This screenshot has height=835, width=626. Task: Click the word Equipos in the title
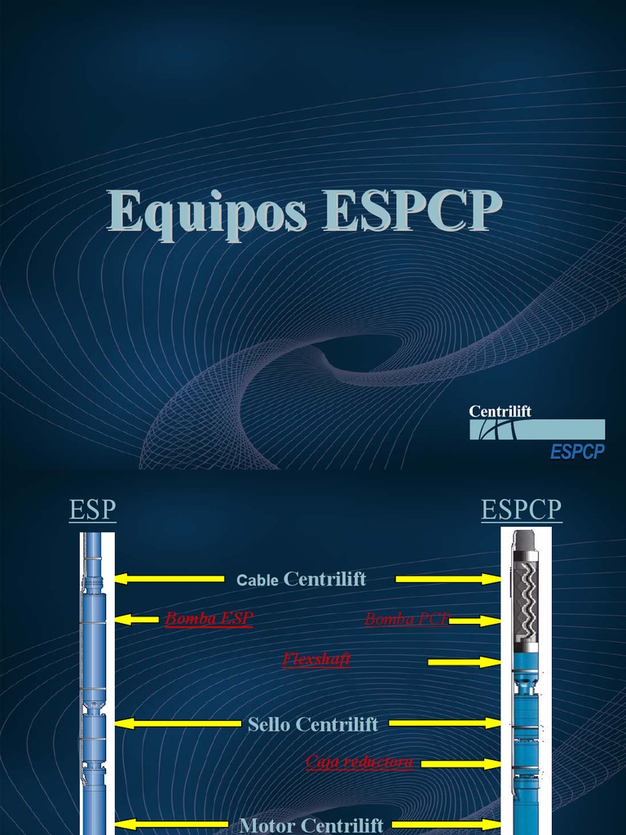(207, 214)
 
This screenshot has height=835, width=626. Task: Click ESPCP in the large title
(412, 212)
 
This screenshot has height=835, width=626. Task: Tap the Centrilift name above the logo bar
(500, 411)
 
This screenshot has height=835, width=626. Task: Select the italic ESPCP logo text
(577, 451)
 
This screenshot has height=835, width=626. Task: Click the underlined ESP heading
(93, 510)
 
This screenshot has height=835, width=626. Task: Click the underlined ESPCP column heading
(521, 510)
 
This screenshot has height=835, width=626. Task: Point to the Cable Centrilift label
(301, 580)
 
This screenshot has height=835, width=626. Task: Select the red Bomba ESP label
(209, 619)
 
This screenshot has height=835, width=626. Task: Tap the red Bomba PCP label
(406, 619)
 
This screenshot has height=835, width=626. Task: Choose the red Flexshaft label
(316, 659)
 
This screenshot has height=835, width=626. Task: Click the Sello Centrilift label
(313, 724)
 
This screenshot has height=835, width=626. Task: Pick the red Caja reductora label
(359, 762)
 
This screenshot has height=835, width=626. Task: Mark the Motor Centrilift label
(311, 825)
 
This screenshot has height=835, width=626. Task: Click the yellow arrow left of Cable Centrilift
(169, 579)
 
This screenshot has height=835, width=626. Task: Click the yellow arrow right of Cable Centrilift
(447, 579)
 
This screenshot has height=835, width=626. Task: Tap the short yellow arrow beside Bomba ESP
(137, 620)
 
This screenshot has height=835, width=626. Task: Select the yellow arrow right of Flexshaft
(464, 662)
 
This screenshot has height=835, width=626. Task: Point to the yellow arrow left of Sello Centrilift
(178, 723)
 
